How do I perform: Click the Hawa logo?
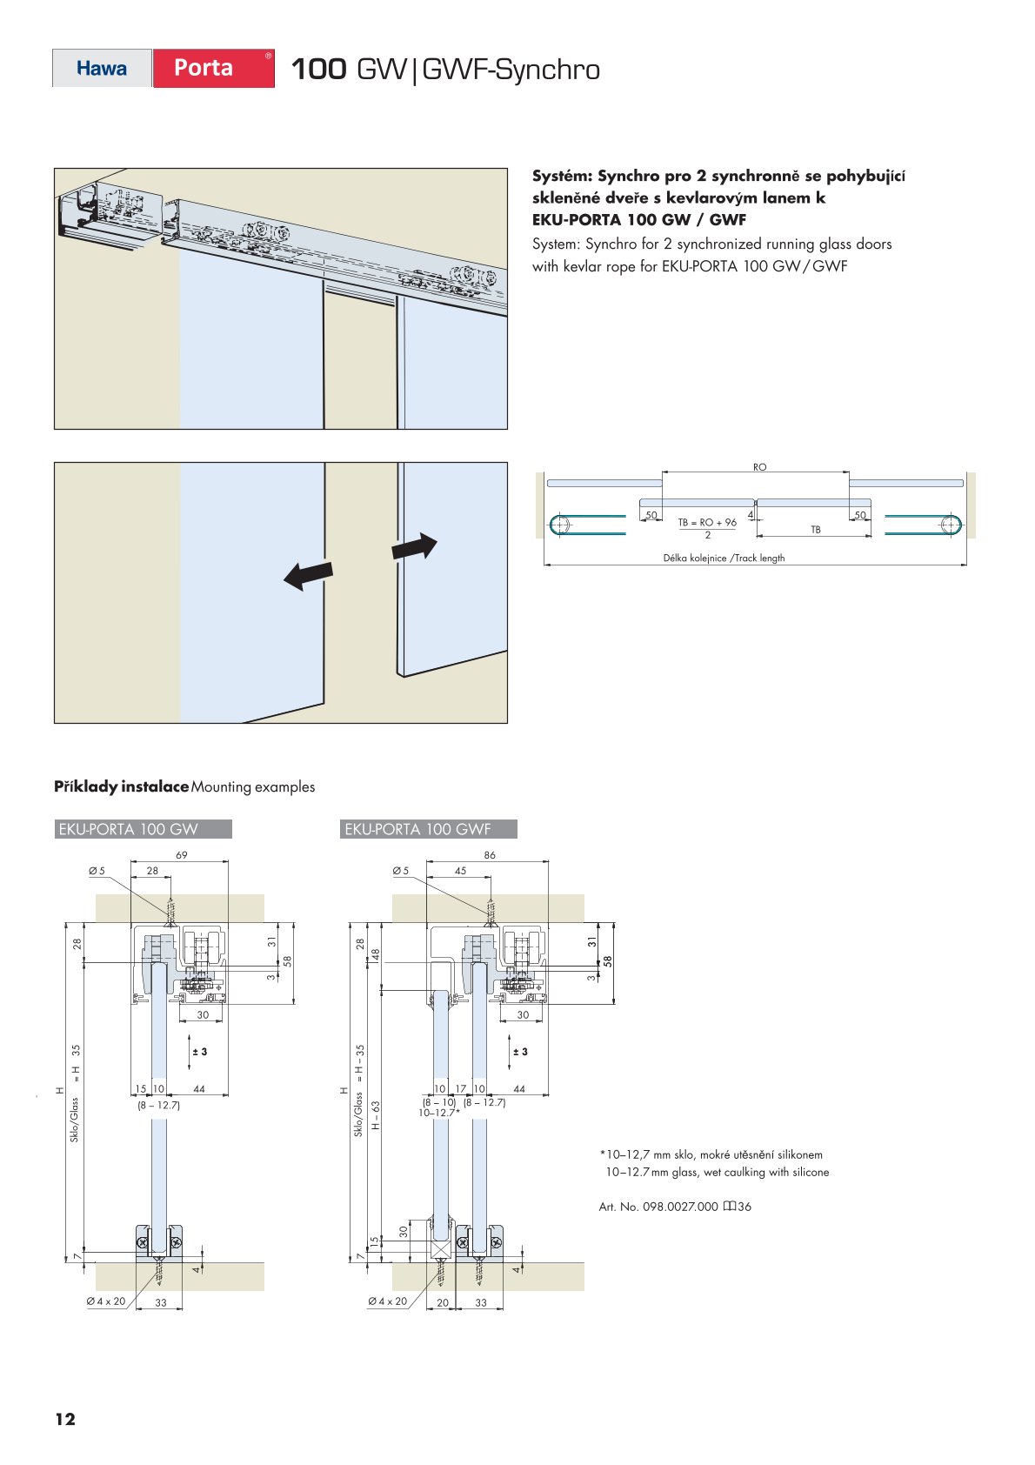coord(102,69)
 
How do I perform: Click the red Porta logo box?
coord(213,68)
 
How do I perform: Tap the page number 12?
coord(65,1419)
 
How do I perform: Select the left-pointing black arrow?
coord(308,574)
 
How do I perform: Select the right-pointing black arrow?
coord(414,547)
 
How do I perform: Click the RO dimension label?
coord(759,467)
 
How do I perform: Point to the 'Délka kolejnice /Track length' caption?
coord(724,559)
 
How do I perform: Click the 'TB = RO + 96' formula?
coord(707,523)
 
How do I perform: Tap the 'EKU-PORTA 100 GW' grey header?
coord(143,829)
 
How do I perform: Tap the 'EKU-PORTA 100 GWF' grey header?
coord(428,829)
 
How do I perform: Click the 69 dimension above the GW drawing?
coord(181,855)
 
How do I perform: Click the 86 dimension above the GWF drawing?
coord(490,855)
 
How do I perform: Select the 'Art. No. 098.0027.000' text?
coord(658,1207)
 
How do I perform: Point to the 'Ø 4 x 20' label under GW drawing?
coord(106,1301)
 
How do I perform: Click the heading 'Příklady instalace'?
coord(121,786)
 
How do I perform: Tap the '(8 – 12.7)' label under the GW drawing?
coord(158,1105)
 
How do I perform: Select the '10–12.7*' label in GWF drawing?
coord(439,1113)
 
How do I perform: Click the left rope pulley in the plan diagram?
coord(560,525)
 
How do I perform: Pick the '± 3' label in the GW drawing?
coord(200,1052)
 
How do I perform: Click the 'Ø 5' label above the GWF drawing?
coord(400,871)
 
